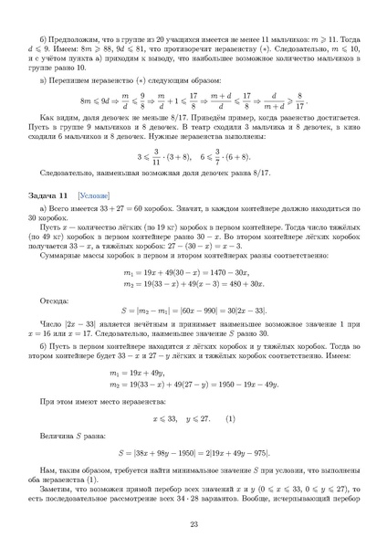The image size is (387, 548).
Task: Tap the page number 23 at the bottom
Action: (193, 523)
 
